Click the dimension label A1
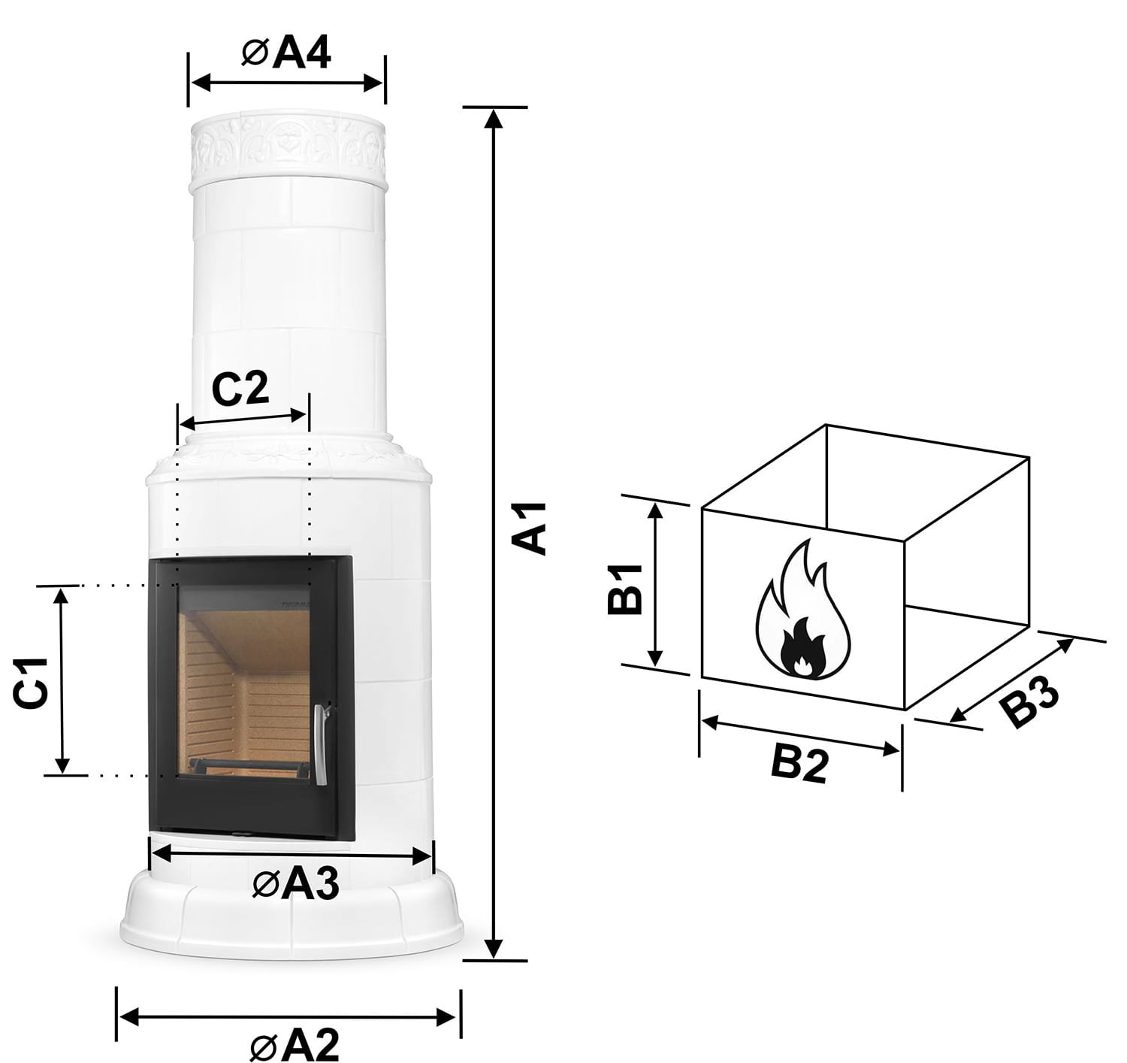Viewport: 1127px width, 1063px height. click(529, 528)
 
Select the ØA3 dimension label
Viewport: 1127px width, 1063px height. click(296, 884)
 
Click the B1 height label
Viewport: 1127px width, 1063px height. click(625, 589)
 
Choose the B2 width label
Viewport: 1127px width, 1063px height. click(799, 765)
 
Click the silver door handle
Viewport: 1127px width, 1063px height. click(322, 744)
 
